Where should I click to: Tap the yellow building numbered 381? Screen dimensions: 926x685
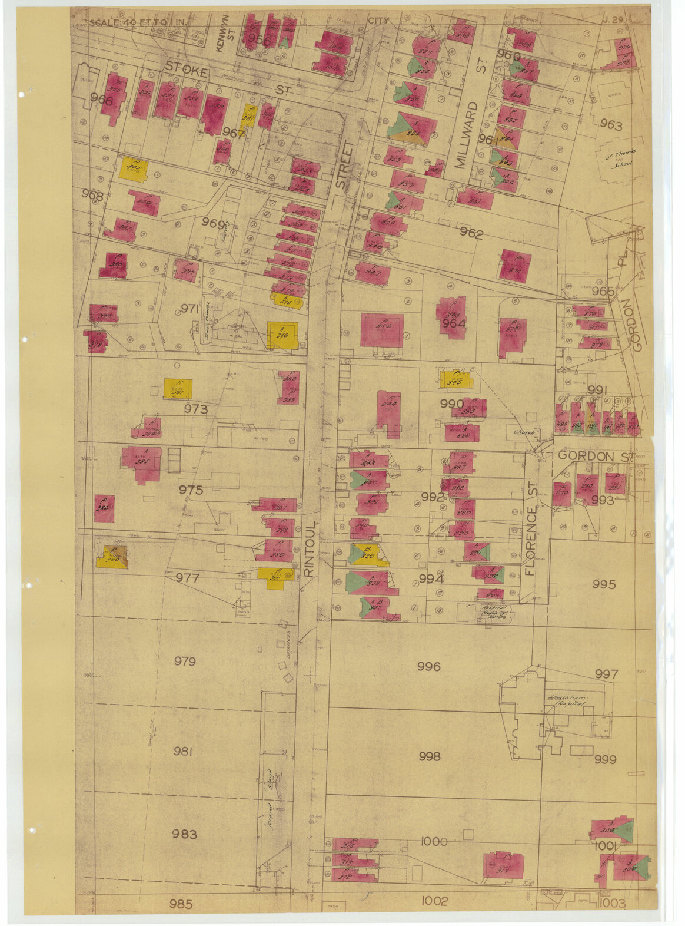pos(178,389)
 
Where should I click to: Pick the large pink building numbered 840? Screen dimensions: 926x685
pos(382,330)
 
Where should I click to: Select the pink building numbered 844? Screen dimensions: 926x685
pos(388,412)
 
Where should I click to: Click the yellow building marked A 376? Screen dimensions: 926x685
pos(282,336)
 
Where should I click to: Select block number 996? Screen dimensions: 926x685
pos(428,666)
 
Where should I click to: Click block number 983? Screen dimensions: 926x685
pos(185,834)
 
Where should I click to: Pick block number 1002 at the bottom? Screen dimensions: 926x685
pos(435,901)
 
